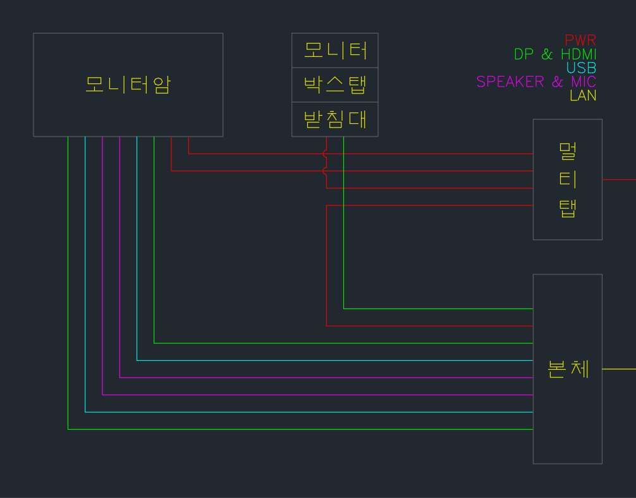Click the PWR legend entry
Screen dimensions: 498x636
pyautogui.click(x=580, y=40)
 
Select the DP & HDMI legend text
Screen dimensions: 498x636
pyautogui.click(x=555, y=54)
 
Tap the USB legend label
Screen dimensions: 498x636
pyautogui.click(x=581, y=68)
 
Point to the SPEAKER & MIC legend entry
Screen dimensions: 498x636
pyautogui.click(x=536, y=82)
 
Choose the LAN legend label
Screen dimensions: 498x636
pyautogui.click(x=583, y=95)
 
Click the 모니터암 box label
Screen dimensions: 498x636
pyautogui.click(x=128, y=85)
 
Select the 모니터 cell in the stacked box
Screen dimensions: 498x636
pyautogui.click(x=335, y=50)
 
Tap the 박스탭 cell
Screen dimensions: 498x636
pyautogui.click(x=335, y=85)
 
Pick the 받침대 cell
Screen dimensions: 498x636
pyautogui.click(x=335, y=119)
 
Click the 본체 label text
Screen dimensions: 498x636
pyautogui.click(x=568, y=369)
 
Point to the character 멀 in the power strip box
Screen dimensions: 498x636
pyautogui.click(x=568, y=151)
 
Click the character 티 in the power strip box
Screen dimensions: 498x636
pyautogui.click(x=568, y=179)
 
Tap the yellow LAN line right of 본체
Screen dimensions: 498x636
pyautogui.click(x=619, y=368)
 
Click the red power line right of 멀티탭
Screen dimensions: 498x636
pyautogui.click(x=619, y=179)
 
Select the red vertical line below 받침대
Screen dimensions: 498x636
pyautogui.click(x=326, y=144)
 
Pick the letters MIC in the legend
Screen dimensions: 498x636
pyautogui.click(x=582, y=82)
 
